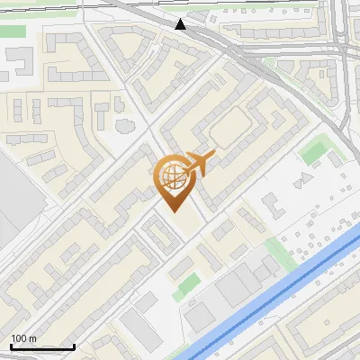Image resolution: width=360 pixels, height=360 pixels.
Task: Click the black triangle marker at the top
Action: [182, 24]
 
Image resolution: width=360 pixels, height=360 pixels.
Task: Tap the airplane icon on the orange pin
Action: [200, 164]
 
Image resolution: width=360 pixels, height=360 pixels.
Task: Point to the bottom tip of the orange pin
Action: [175, 211]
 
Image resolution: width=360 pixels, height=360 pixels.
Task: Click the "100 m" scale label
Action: [23, 338]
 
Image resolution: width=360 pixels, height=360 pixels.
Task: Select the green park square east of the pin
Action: [314, 148]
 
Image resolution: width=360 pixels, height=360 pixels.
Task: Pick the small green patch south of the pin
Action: [188, 286]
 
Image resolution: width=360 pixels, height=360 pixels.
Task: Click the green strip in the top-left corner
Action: [13, 31]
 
